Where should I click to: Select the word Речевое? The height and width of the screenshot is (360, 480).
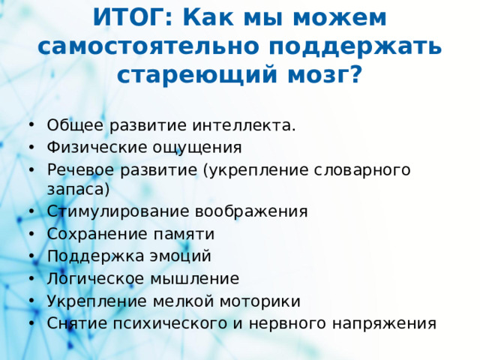point(78,169)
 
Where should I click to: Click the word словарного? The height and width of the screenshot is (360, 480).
point(360,169)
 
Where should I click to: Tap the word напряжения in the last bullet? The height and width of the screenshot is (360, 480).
point(380,323)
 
